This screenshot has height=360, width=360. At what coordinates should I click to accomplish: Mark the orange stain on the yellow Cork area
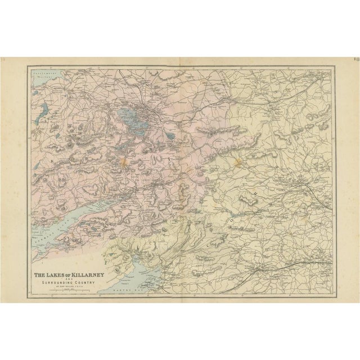[238, 163]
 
